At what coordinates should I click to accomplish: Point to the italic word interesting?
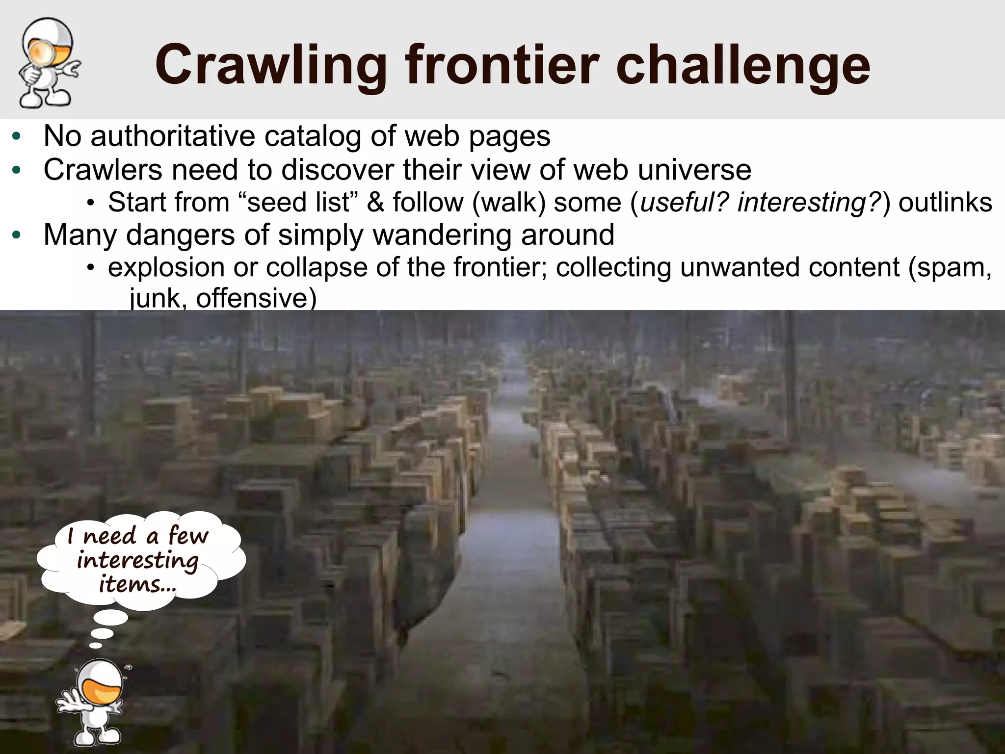pyautogui.click(x=810, y=202)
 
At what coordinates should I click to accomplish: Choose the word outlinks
pyautogui.click(x=945, y=202)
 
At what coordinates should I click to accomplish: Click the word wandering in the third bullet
pyautogui.click(x=444, y=234)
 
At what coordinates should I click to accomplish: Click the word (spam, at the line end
pyautogui.click(x=950, y=267)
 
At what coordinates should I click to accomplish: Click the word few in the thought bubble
pyautogui.click(x=188, y=535)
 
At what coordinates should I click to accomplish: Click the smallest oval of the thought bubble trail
pyautogui.click(x=96, y=646)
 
